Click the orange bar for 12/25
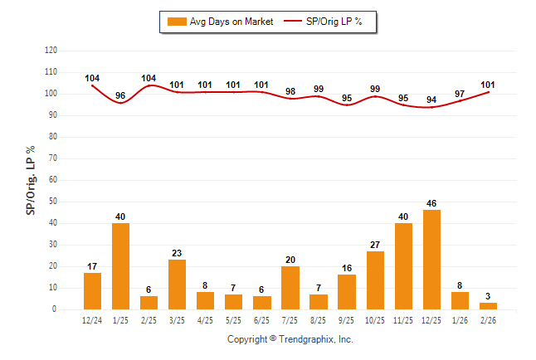[431, 260]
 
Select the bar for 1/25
[120, 266]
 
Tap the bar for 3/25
[177, 285]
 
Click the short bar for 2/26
[488, 306]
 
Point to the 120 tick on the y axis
[51, 51]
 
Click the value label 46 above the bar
[431, 202]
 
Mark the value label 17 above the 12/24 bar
[92, 265]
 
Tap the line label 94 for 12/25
[431, 100]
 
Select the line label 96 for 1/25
[120, 95]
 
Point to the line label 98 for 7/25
[290, 91]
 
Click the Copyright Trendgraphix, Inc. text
[290, 340]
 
